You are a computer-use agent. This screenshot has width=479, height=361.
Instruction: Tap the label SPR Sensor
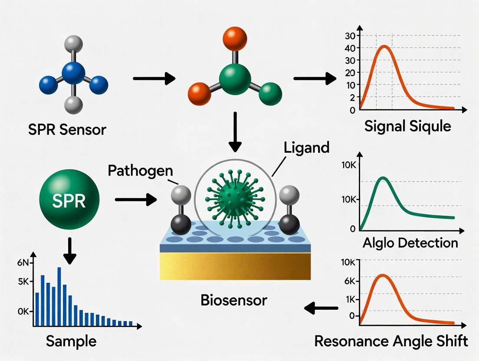[x=67, y=129]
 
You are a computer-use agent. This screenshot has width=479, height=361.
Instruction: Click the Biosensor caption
[x=234, y=300]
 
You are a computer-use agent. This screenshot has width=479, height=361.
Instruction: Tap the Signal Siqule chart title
[x=407, y=126]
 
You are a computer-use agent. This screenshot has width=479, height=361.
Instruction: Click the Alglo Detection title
[x=410, y=243]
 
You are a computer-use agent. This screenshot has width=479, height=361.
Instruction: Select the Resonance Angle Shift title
[x=391, y=341]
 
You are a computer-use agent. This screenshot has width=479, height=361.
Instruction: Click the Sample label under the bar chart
[x=71, y=341]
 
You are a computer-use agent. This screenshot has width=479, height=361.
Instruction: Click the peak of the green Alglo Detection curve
[x=383, y=178]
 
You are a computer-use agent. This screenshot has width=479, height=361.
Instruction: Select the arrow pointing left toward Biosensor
[x=321, y=308]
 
